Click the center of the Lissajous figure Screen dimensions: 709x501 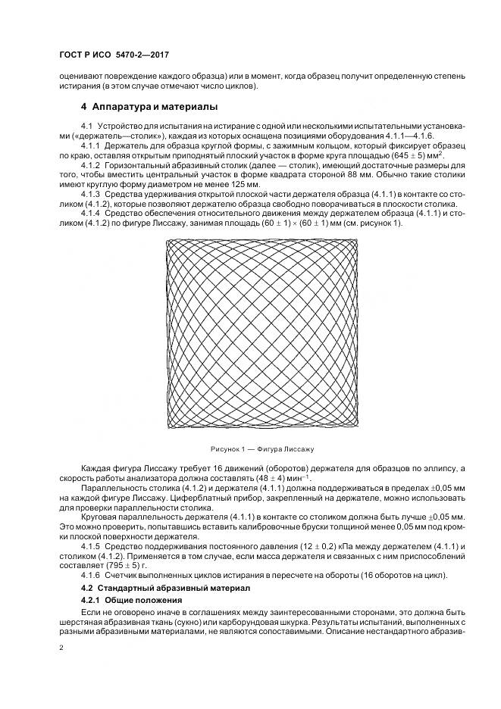pos(261,334)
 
